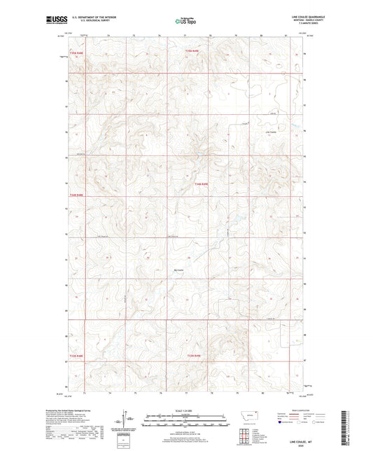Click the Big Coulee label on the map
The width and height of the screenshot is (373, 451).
coord(178,270)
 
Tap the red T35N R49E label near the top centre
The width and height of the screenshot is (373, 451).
coord(193,50)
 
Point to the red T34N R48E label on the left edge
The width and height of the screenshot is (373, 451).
coord(76,195)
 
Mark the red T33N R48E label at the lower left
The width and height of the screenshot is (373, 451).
coord(76,356)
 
